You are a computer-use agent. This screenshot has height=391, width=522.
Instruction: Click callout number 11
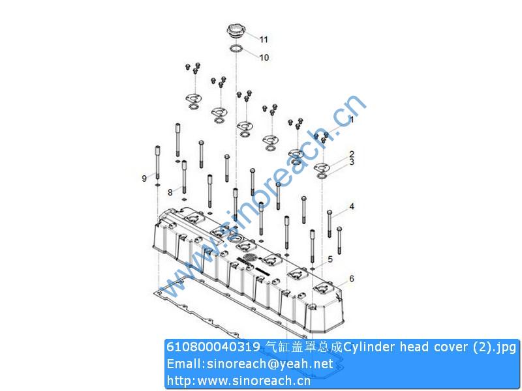point(264,40)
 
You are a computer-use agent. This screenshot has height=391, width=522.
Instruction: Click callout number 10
point(264,57)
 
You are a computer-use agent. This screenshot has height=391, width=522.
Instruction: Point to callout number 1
point(351,120)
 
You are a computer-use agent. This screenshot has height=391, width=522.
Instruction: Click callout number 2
point(351,154)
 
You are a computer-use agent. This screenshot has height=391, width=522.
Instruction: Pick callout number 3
point(351,162)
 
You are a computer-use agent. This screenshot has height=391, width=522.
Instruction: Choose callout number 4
point(351,207)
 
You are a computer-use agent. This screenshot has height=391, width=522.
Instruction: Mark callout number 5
point(330,259)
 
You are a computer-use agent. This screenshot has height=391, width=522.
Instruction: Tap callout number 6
point(351,278)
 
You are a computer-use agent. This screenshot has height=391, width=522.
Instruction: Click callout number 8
point(170,192)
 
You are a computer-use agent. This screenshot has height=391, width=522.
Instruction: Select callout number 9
point(144,178)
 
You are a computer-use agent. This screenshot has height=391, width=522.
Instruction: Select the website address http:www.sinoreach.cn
point(239,380)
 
